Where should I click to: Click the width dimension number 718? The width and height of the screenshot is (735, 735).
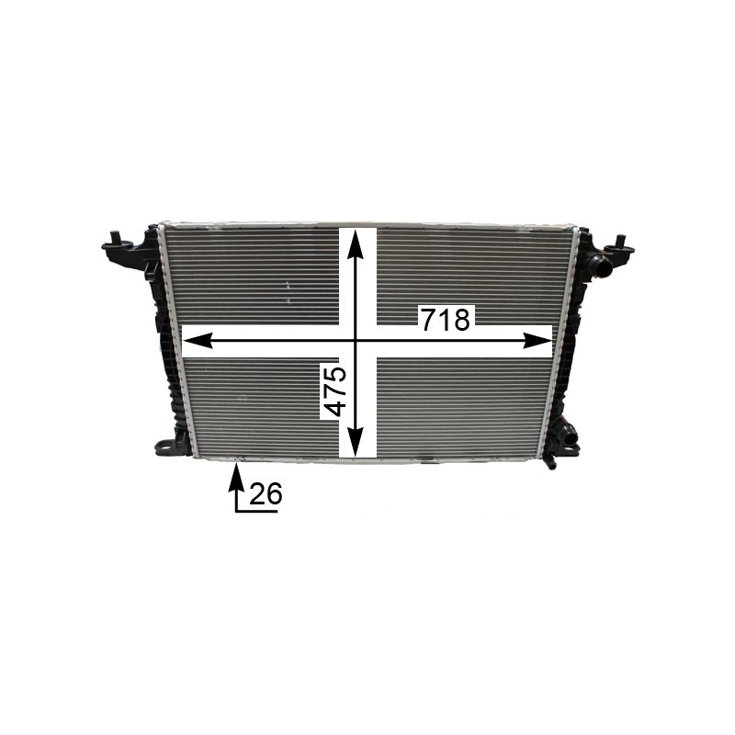[445, 319]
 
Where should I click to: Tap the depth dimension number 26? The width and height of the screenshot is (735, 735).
[266, 494]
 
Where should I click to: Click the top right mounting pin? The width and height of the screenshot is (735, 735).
[620, 243]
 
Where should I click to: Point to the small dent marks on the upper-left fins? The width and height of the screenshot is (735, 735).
[288, 292]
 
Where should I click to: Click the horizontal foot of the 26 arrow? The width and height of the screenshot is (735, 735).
[257, 510]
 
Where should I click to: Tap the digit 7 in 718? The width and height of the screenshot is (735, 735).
[428, 319]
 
